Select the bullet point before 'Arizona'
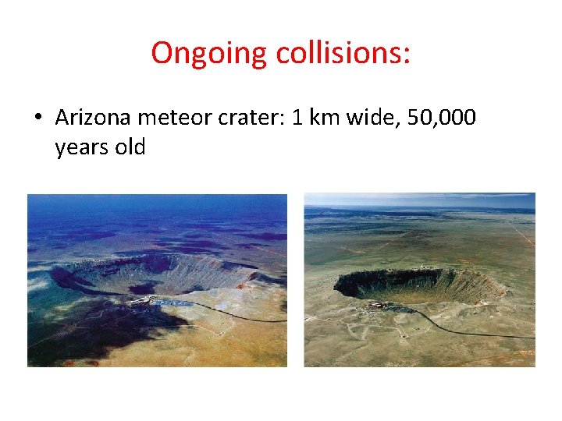(37, 119)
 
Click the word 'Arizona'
(94, 119)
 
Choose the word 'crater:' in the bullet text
(254, 119)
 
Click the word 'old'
(129, 147)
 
